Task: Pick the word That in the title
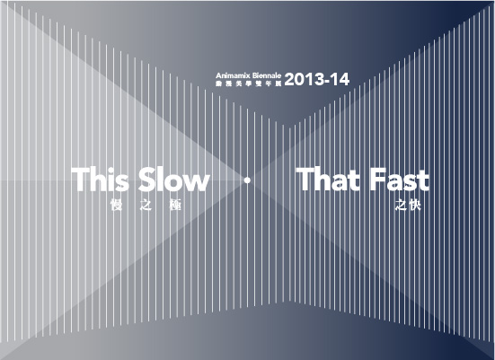tap(328, 180)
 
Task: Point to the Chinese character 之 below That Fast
tap(400, 206)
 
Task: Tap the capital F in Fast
tap(375, 180)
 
